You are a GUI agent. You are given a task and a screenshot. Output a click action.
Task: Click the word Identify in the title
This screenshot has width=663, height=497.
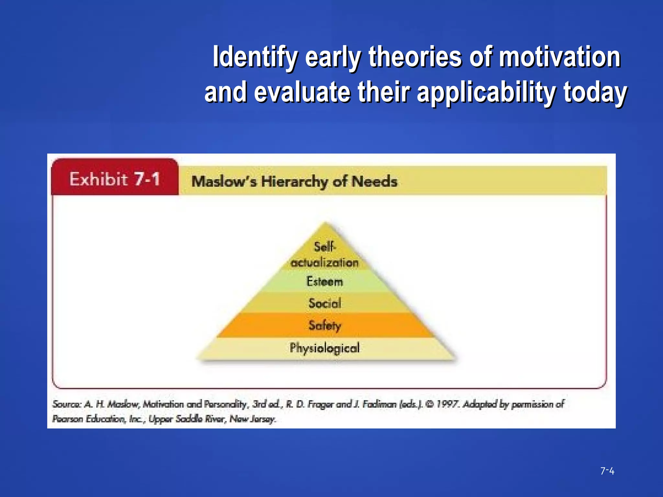click(254, 57)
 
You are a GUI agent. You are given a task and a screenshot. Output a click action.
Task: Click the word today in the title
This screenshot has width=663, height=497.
click(595, 93)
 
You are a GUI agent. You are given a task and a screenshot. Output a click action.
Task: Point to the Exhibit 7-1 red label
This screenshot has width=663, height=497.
click(115, 179)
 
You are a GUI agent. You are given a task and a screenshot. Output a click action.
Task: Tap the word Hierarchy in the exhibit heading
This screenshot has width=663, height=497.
click(294, 182)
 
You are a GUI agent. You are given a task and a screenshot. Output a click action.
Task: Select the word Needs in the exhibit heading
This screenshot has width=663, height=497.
click(374, 182)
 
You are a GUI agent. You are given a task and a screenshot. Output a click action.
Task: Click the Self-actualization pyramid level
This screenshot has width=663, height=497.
click(325, 255)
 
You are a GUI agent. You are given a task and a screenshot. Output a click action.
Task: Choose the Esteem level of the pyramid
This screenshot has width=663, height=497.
click(325, 282)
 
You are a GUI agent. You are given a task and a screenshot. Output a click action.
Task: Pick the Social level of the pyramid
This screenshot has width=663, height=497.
click(325, 303)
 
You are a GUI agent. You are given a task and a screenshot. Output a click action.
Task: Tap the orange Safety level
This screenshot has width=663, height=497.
click(325, 325)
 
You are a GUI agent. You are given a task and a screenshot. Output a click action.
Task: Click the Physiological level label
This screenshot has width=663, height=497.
click(325, 348)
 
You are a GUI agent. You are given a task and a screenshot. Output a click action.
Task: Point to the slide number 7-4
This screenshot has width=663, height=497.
click(607, 471)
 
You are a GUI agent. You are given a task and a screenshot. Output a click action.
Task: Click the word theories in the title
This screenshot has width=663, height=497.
click(415, 57)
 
